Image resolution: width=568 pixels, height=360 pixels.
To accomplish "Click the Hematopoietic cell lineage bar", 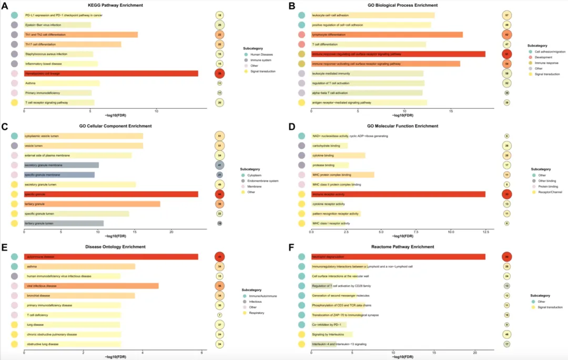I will (110, 73).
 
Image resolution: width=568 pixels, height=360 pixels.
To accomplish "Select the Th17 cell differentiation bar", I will (73, 44).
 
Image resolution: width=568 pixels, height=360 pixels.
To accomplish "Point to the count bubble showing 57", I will (507, 15).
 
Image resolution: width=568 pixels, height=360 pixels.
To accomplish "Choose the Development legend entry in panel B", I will (544, 57).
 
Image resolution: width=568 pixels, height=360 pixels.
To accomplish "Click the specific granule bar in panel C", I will (110, 194).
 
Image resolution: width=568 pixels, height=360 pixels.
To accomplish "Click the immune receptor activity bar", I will (398, 194).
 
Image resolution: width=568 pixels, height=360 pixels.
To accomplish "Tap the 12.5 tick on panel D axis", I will (485, 231).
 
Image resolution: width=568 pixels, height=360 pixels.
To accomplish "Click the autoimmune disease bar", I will (110, 256).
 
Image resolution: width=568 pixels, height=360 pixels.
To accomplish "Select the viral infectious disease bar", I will (91, 286).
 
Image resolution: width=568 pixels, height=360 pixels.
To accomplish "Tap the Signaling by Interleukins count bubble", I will (507, 334).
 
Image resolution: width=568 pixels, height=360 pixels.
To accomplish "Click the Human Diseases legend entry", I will (261, 54).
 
